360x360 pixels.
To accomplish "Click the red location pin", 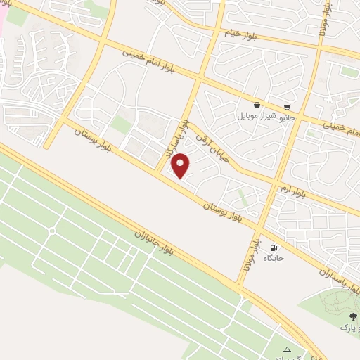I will point(181,166).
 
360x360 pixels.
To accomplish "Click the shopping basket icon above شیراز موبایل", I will point(258,105).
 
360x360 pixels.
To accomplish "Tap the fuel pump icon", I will point(273,247).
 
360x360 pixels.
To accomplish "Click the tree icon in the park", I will point(352,316).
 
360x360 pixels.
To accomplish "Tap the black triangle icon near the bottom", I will point(286,349).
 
